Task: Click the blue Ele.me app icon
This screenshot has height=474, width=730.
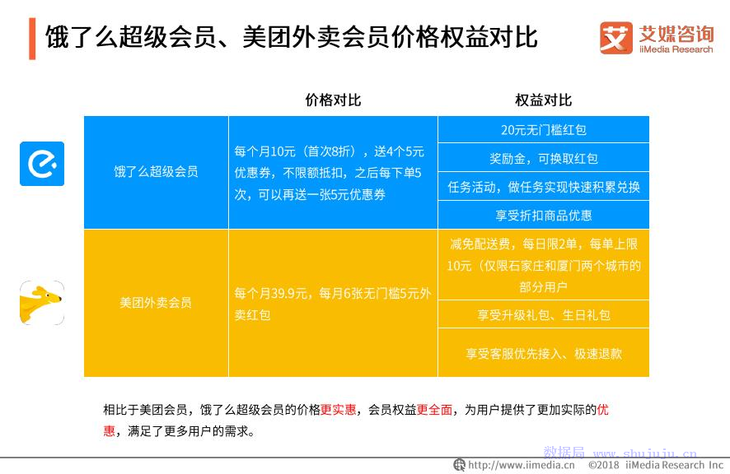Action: pyautogui.click(x=42, y=164)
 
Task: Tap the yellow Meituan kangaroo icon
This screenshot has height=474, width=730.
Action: pyautogui.click(x=42, y=302)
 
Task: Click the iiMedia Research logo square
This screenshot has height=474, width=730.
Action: pyautogui.click(x=616, y=38)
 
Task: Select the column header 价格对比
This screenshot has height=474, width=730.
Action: pyautogui.click(x=333, y=100)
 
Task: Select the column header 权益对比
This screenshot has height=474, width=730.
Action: pyautogui.click(x=543, y=100)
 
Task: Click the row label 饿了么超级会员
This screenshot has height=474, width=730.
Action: pyautogui.click(x=156, y=172)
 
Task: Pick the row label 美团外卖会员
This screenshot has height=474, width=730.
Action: pyautogui.click(x=156, y=303)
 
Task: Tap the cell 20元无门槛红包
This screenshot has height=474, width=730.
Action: pyautogui.click(x=543, y=130)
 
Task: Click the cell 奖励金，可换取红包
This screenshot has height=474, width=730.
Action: pyautogui.click(x=543, y=159)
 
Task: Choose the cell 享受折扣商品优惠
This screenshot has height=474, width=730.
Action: pyautogui.click(x=543, y=216)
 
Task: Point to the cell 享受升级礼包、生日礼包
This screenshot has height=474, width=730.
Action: pyautogui.click(x=543, y=315)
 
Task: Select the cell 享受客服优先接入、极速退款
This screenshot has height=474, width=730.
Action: pyautogui.click(x=543, y=354)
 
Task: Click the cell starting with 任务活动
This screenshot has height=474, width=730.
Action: pyautogui.click(x=543, y=187)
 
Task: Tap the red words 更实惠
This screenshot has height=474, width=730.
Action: pyautogui.click(x=338, y=409)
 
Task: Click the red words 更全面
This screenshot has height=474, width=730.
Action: pyautogui.click(x=434, y=409)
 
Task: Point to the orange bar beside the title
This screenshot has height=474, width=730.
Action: pyautogui.click(x=32, y=39)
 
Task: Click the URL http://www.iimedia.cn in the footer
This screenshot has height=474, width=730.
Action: pyautogui.click(x=522, y=465)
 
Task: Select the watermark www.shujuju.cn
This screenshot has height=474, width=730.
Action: pyautogui.click(x=645, y=453)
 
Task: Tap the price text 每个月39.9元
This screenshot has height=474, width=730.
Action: pyautogui.click(x=270, y=293)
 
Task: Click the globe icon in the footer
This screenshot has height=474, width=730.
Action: pyautogui.click(x=459, y=465)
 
